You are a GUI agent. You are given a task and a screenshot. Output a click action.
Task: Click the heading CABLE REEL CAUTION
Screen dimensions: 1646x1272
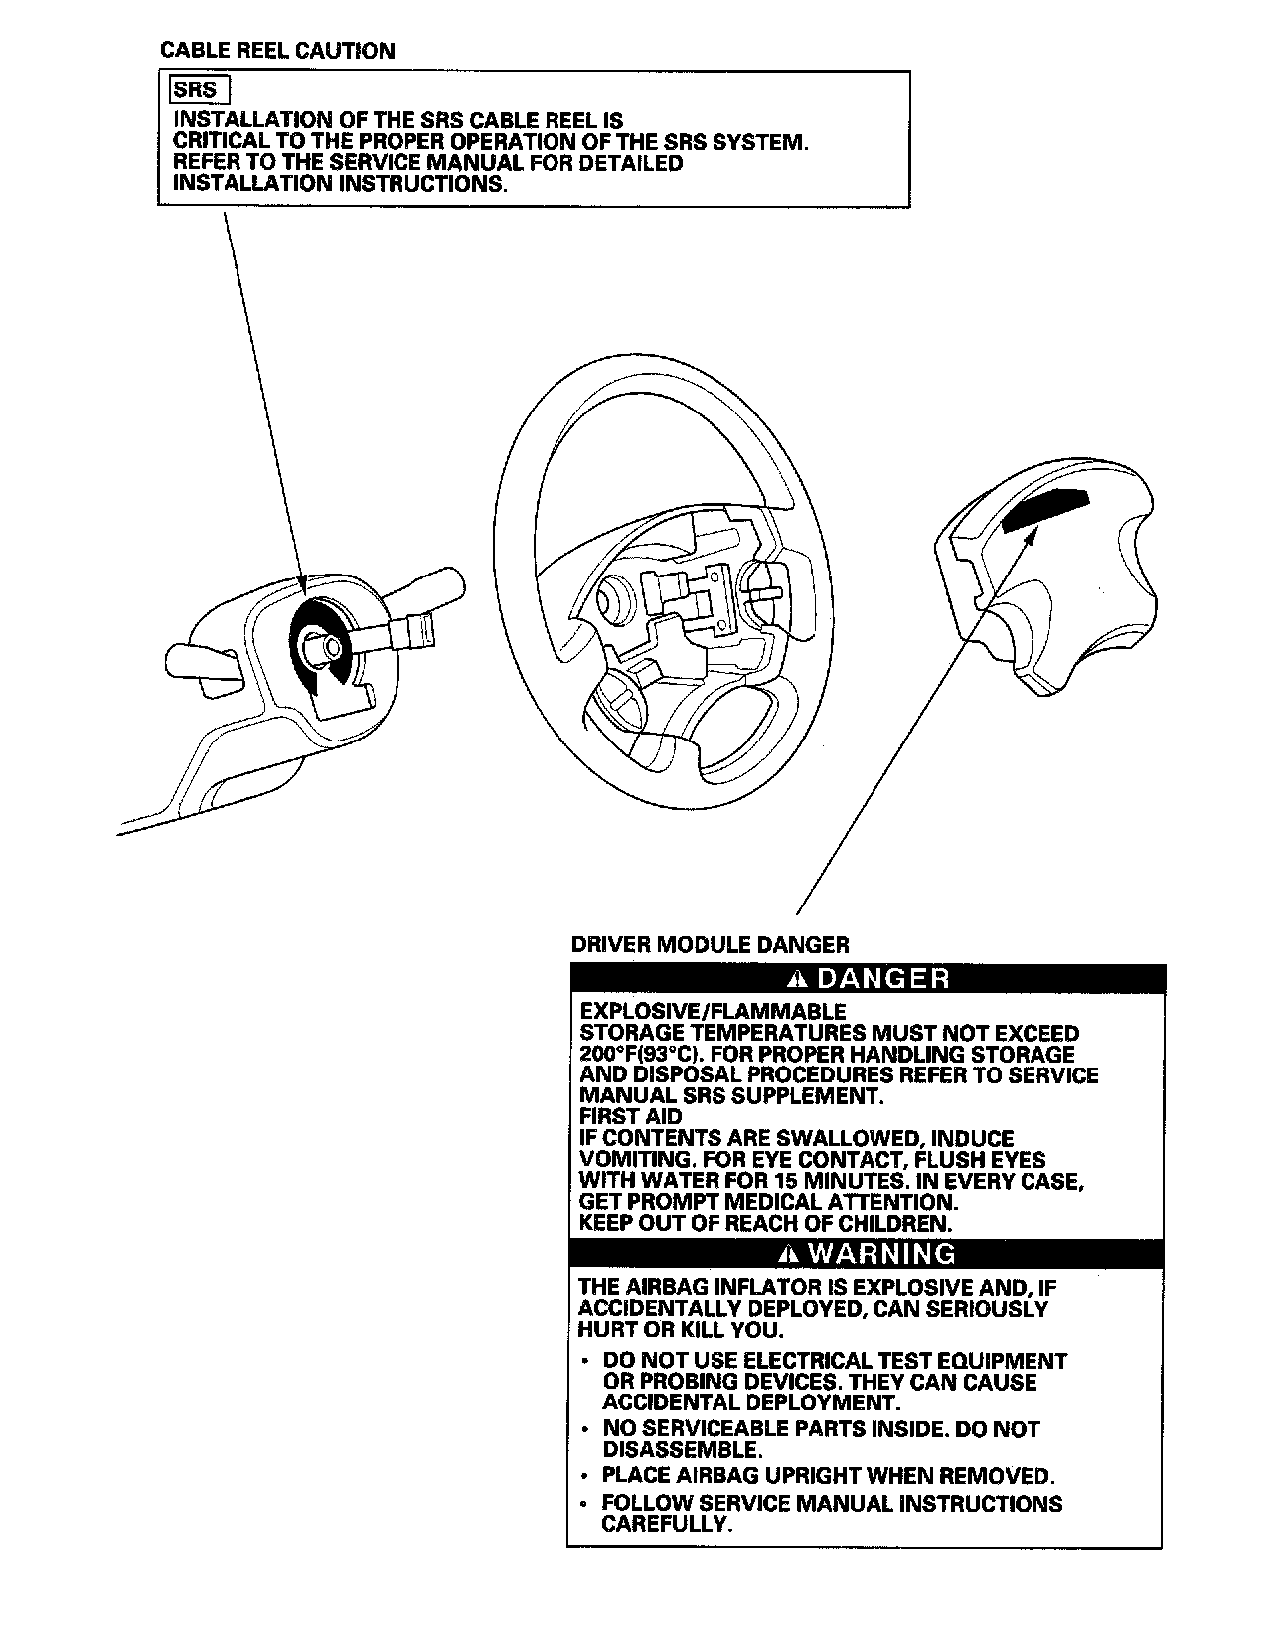tap(277, 51)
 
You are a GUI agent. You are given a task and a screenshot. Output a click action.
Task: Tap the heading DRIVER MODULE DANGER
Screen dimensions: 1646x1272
tap(710, 944)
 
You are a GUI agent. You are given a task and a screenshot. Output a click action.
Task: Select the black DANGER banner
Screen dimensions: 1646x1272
tap(865, 979)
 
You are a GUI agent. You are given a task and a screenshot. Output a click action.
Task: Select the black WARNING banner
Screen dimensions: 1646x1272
tap(865, 1254)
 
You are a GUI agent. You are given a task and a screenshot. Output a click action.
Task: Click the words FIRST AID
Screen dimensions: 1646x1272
tap(630, 1117)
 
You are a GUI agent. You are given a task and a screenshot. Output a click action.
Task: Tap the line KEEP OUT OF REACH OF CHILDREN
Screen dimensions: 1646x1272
tap(765, 1224)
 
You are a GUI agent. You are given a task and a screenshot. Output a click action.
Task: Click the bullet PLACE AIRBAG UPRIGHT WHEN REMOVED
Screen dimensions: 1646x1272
tap(828, 1475)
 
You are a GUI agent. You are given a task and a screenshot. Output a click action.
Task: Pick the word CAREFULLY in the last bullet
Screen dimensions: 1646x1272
tap(667, 1524)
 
